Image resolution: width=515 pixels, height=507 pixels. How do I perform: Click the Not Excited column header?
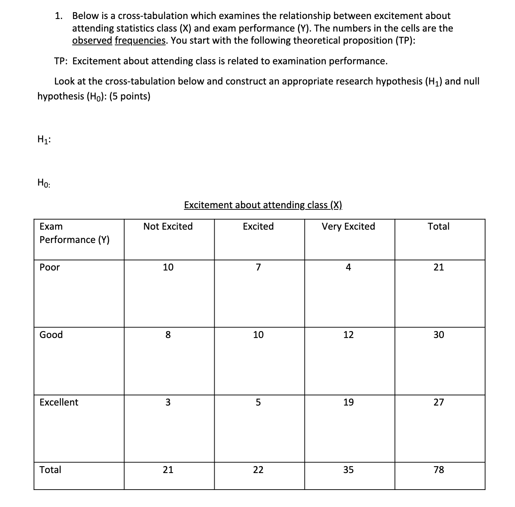168,226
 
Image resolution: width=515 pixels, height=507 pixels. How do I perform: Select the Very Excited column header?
348,226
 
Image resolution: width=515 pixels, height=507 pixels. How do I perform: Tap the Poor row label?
50,267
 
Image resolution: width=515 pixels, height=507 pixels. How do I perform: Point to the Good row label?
51,335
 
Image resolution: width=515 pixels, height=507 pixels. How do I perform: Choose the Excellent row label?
59,402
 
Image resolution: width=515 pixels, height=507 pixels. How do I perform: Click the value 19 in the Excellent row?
348,402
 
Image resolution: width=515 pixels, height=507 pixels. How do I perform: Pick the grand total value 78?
439,470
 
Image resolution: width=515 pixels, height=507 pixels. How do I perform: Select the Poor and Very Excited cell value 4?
348,267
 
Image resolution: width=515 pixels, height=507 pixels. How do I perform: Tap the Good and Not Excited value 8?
168,335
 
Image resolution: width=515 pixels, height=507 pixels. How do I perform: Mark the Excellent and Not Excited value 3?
168,402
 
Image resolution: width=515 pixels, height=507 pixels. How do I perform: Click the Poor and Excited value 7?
258,267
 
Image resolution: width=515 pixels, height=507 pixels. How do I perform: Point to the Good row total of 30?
439,335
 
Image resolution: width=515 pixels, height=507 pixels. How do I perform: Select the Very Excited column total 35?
348,470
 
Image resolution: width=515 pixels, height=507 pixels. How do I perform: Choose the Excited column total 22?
258,470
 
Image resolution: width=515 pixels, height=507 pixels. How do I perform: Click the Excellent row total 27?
439,402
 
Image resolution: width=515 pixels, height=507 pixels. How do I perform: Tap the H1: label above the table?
44,139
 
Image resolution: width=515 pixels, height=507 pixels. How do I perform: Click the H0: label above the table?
44,183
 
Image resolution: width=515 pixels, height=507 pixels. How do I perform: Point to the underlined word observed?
92,41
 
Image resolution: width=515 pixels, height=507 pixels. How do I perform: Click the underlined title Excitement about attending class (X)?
263,205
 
